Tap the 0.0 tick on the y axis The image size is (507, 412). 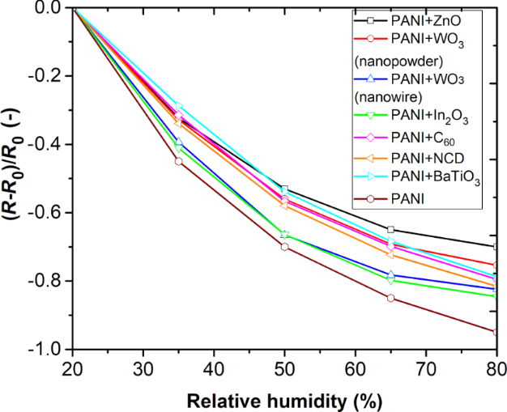point(50,8)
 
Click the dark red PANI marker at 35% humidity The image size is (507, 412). point(179,161)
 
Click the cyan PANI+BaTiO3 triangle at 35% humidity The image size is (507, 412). point(179,108)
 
